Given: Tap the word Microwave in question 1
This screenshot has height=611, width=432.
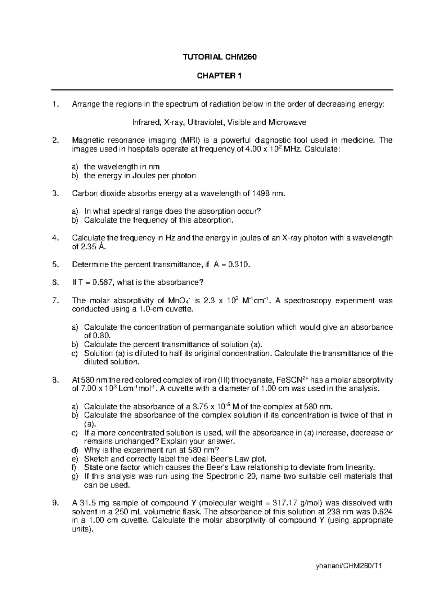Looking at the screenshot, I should click(x=287, y=122).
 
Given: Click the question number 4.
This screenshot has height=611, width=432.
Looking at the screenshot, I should click(x=55, y=238).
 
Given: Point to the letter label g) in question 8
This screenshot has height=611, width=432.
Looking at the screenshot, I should click(x=75, y=476).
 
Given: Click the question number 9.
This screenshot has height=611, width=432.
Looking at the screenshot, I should click(x=55, y=503).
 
